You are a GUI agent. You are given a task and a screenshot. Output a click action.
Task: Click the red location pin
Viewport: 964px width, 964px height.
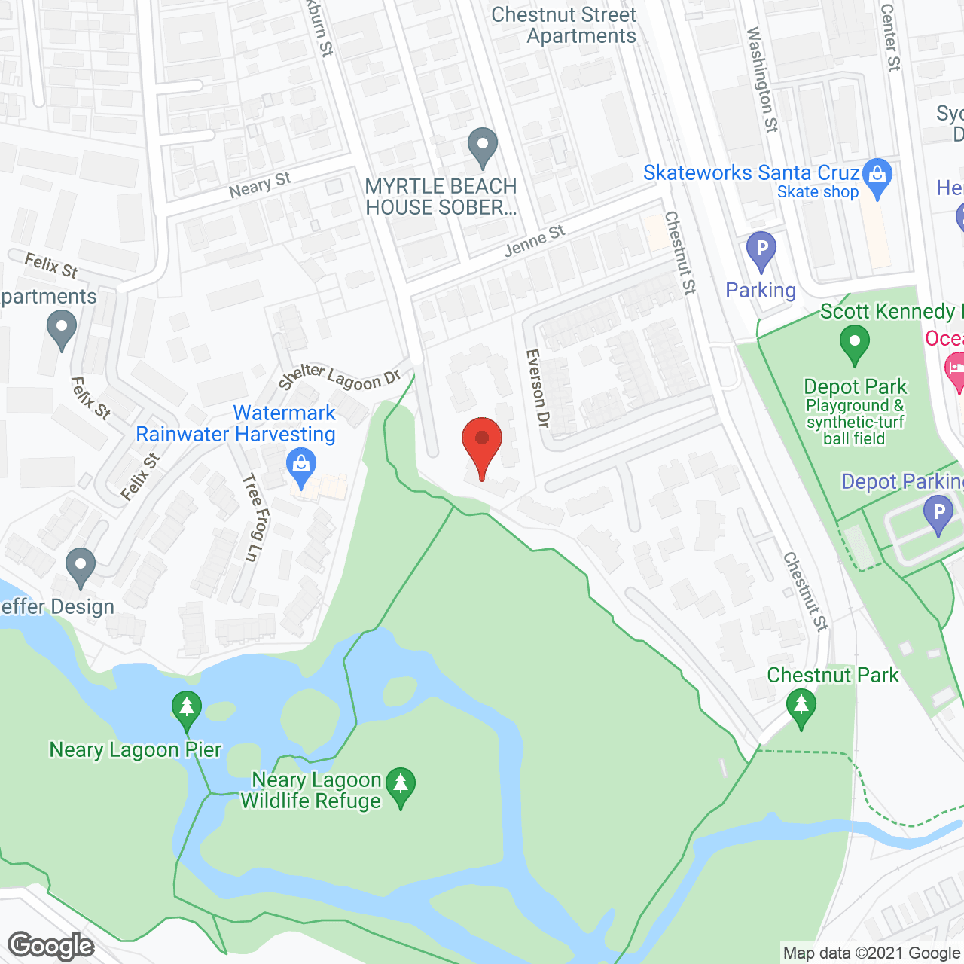click(x=482, y=444)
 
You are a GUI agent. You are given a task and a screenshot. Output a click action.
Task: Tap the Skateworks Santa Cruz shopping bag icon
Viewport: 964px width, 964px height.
click(x=877, y=176)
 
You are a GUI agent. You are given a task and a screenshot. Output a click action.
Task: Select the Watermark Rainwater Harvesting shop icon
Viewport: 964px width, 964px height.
click(x=301, y=466)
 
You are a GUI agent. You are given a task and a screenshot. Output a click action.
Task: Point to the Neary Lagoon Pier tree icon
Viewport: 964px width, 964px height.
click(x=187, y=709)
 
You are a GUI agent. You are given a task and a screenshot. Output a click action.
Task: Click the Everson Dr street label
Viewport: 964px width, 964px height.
click(x=537, y=389)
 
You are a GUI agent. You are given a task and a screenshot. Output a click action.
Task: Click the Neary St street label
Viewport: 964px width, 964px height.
click(x=260, y=185)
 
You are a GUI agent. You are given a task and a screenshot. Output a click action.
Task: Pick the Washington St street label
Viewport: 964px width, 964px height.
click(x=761, y=80)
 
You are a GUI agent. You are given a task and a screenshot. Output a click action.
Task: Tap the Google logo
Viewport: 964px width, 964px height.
click(x=51, y=946)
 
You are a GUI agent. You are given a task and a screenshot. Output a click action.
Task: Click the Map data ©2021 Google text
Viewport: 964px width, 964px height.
click(x=871, y=953)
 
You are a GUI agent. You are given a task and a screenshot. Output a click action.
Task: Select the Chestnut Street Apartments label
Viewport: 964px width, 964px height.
click(x=564, y=26)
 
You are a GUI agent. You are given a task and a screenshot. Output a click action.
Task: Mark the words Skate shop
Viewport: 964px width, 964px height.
click(x=818, y=192)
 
